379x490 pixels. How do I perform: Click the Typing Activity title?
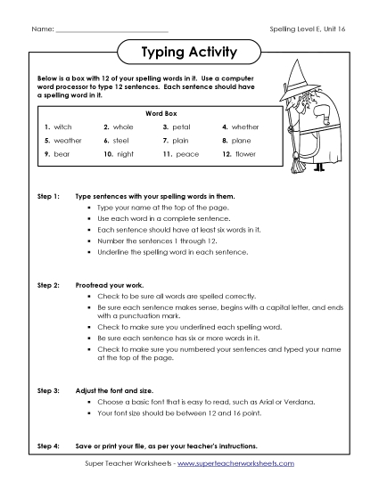click(189, 53)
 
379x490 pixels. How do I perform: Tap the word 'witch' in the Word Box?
click(63, 127)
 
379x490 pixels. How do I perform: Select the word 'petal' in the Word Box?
click(181, 127)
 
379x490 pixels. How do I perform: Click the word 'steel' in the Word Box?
click(121, 141)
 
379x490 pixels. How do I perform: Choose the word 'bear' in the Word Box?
click(62, 154)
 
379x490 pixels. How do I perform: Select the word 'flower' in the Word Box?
click(245, 154)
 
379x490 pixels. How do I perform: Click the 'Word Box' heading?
click(154, 113)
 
